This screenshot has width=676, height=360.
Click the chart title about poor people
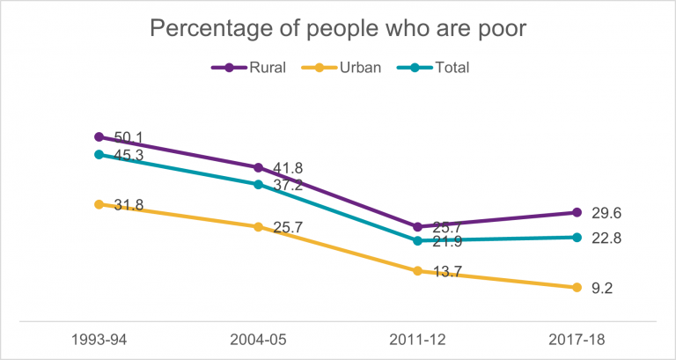(x=337, y=28)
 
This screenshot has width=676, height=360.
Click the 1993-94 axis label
(x=99, y=340)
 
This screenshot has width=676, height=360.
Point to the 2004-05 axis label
(x=258, y=340)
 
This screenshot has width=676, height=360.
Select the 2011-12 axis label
(x=417, y=340)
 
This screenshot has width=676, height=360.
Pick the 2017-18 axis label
(x=577, y=340)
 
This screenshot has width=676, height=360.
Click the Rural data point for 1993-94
(x=99, y=137)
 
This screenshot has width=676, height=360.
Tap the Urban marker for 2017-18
(x=577, y=288)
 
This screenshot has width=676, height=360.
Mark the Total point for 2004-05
(x=258, y=185)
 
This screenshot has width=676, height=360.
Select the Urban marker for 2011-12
(x=417, y=271)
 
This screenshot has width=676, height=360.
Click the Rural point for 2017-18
(x=577, y=212)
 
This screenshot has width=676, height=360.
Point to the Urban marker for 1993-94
(x=99, y=204)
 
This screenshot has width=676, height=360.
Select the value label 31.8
(x=129, y=206)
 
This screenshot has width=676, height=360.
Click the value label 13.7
(x=447, y=273)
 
